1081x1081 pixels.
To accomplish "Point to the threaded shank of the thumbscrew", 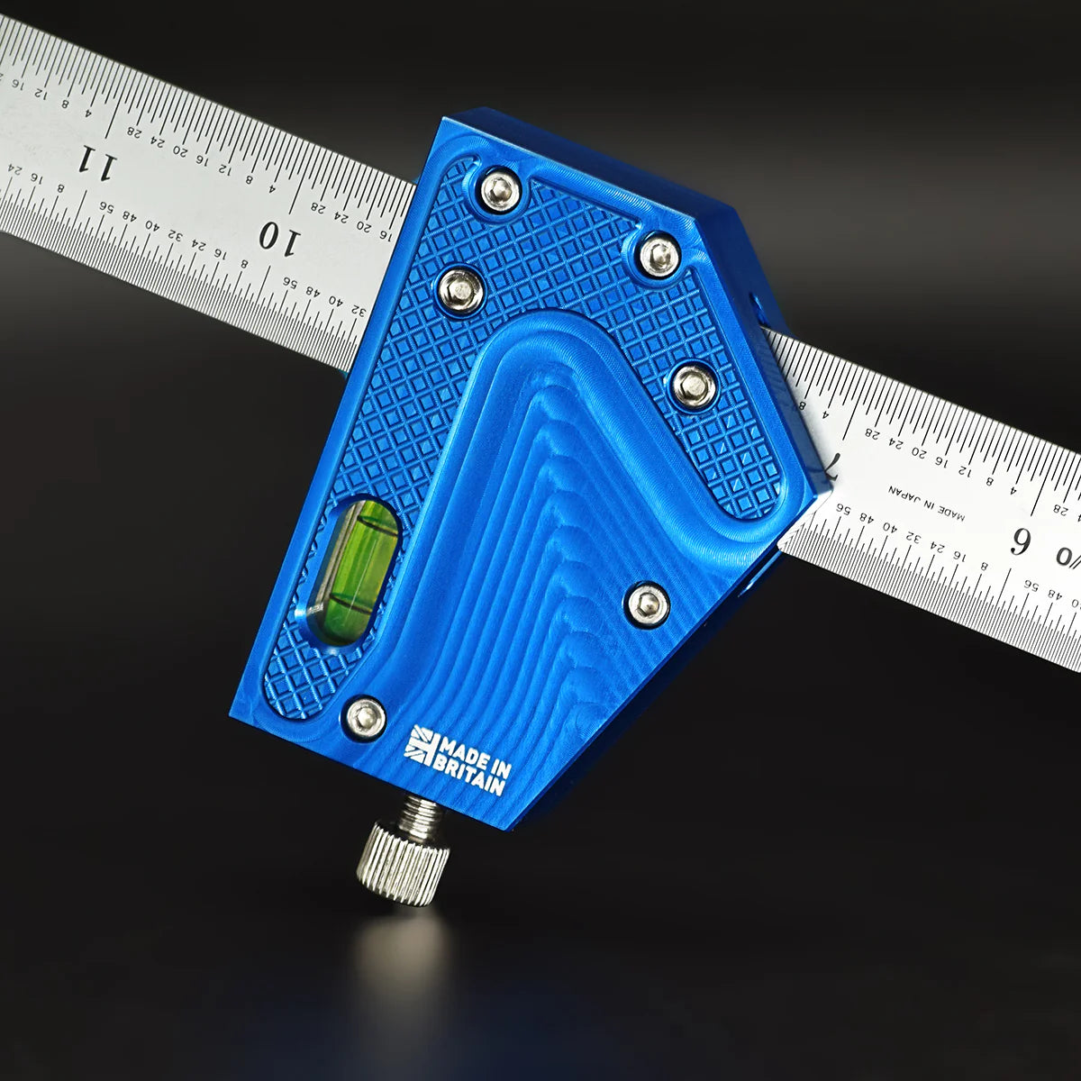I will (x=422, y=813).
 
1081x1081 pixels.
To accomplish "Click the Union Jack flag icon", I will (x=420, y=744).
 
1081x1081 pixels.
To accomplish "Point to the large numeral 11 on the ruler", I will (x=96, y=163).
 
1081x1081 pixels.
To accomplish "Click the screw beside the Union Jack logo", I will (x=366, y=718).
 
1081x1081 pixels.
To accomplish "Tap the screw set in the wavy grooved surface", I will (x=647, y=604).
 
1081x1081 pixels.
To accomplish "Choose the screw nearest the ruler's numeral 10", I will (x=460, y=290).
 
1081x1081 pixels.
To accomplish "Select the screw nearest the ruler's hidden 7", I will (x=694, y=386).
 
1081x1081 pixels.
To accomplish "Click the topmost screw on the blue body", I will (x=500, y=191).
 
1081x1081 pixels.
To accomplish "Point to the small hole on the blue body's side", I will (x=756, y=299).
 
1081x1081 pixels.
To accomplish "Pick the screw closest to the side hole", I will (x=659, y=255).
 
